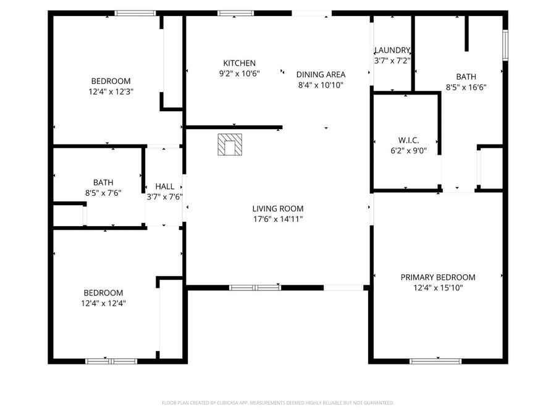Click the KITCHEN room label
(x=239, y=63)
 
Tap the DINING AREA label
(x=321, y=74)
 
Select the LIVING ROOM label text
(x=277, y=209)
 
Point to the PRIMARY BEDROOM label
(x=437, y=277)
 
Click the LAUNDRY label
(x=392, y=50)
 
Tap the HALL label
(x=164, y=186)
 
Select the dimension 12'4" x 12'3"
(x=111, y=91)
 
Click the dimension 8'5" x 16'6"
(x=466, y=87)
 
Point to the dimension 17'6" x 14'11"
(x=277, y=219)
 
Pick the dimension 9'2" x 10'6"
(x=239, y=73)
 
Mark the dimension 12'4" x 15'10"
(x=437, y=287)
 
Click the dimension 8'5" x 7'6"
(x=103, y=192)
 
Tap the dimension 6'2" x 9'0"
(x=408, y=151)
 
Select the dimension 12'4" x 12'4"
(x=103, y=303)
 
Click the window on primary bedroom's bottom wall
(x=436, y=361)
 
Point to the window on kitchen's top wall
(x=235, y=13)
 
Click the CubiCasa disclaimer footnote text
(x=277, y=403)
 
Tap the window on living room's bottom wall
(x=255, y=287)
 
